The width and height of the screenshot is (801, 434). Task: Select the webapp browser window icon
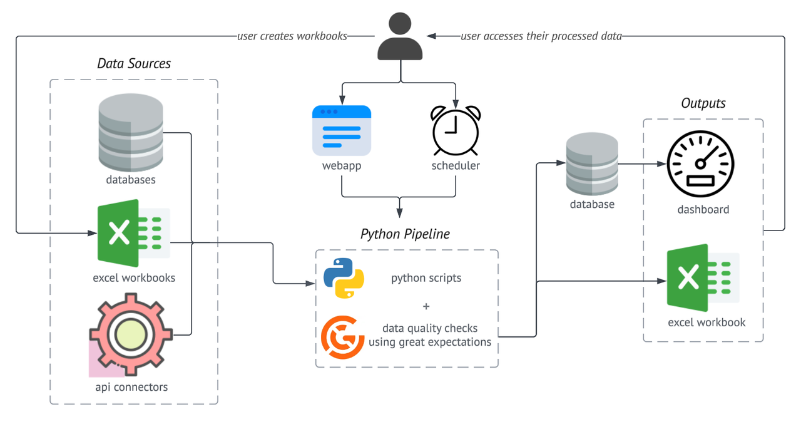coord(342,131)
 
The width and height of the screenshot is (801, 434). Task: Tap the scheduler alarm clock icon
coord(456,131)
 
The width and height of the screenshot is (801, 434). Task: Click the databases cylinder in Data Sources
coord(131,132)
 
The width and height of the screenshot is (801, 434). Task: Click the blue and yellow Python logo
coord(344,277)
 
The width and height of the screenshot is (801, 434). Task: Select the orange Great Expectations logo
coord(342,337)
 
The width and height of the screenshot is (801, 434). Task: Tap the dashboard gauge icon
coord(700,165)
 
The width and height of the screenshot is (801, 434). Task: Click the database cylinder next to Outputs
coord(591,163)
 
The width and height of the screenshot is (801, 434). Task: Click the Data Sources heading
coord(134,63)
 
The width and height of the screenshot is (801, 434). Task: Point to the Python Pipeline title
coord(405,234)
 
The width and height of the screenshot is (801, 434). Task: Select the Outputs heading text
coord(703,103)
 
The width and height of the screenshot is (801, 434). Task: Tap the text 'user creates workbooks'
coord(292,36)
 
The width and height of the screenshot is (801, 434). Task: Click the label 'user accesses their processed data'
coord(541,36)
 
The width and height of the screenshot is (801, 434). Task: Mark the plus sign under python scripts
coord(426,306)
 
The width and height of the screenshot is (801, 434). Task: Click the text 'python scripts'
coord(426,277)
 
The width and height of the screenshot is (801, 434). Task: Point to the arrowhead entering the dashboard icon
coord(661,165)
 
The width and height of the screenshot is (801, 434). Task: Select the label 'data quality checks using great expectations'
coord(429,335)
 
